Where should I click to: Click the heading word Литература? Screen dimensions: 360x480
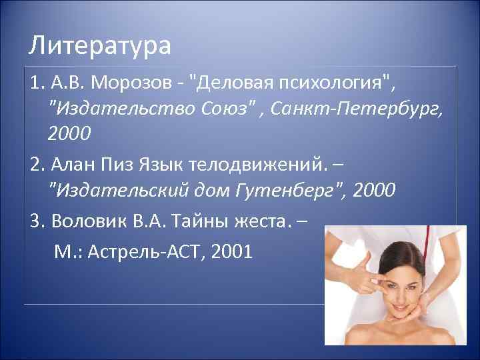(101, 47)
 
